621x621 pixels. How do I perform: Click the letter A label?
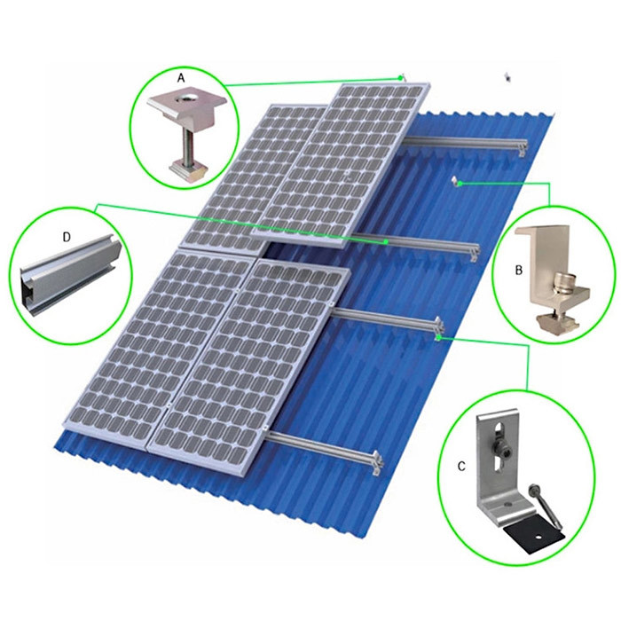181,79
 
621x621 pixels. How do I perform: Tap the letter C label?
462,465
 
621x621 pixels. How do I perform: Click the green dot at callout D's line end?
386,240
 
